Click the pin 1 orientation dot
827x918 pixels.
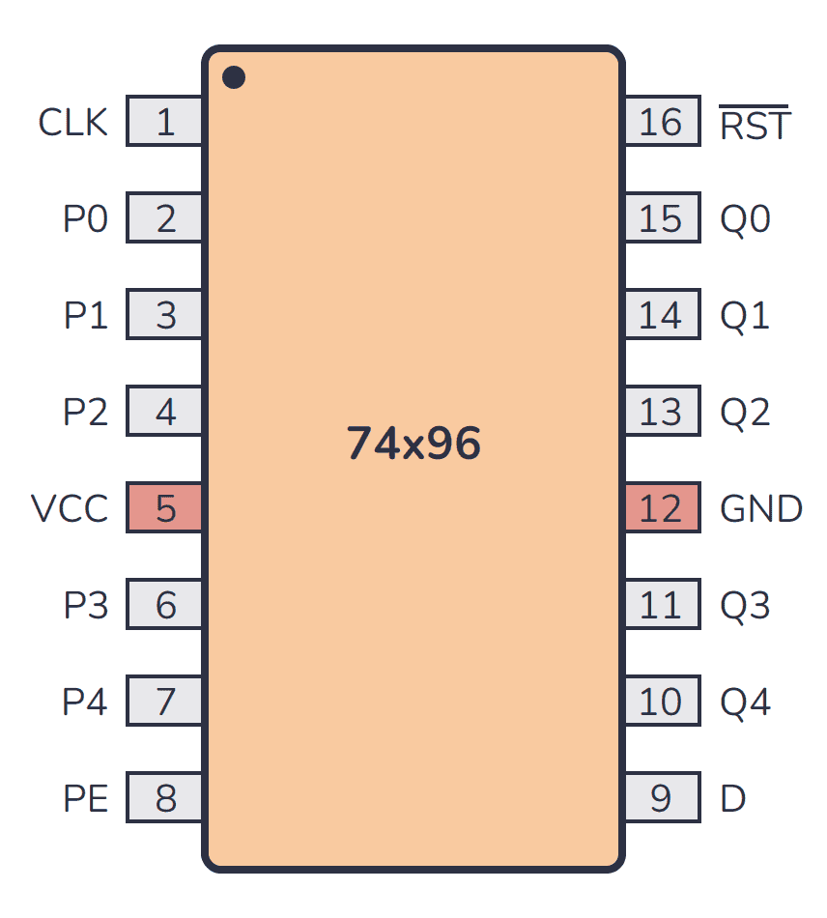click(x=234, y=77)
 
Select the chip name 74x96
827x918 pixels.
click(x=413, y=444)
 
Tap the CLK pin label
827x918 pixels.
click(x=72, y=123)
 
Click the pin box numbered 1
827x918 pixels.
click(x=165, y=123)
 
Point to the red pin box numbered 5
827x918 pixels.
click(x=165, y=508)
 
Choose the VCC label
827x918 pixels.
click(x=70, y=508)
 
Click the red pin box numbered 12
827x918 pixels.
click(x=661, y=508)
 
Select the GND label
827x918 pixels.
click(x=761, y=508)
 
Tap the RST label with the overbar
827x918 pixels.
click(x=755, y=125)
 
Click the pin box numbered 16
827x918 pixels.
click(x=661, y=123)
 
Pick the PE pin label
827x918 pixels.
click(x=85, y=798)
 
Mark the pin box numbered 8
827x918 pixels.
click(x=165, y=798)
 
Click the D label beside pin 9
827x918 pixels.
click(x=733, y=798)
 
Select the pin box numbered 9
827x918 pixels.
click(x=661, y=798)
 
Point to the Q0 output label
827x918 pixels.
click(x=745, y=219)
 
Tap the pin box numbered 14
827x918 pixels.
click(x=661, y=316)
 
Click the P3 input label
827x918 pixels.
click(x=85, y=605)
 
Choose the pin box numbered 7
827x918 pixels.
click(x=165, y=702)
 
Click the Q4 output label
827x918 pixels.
click(x=745, y=702)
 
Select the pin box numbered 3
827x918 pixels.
click(x=165, y=316)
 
